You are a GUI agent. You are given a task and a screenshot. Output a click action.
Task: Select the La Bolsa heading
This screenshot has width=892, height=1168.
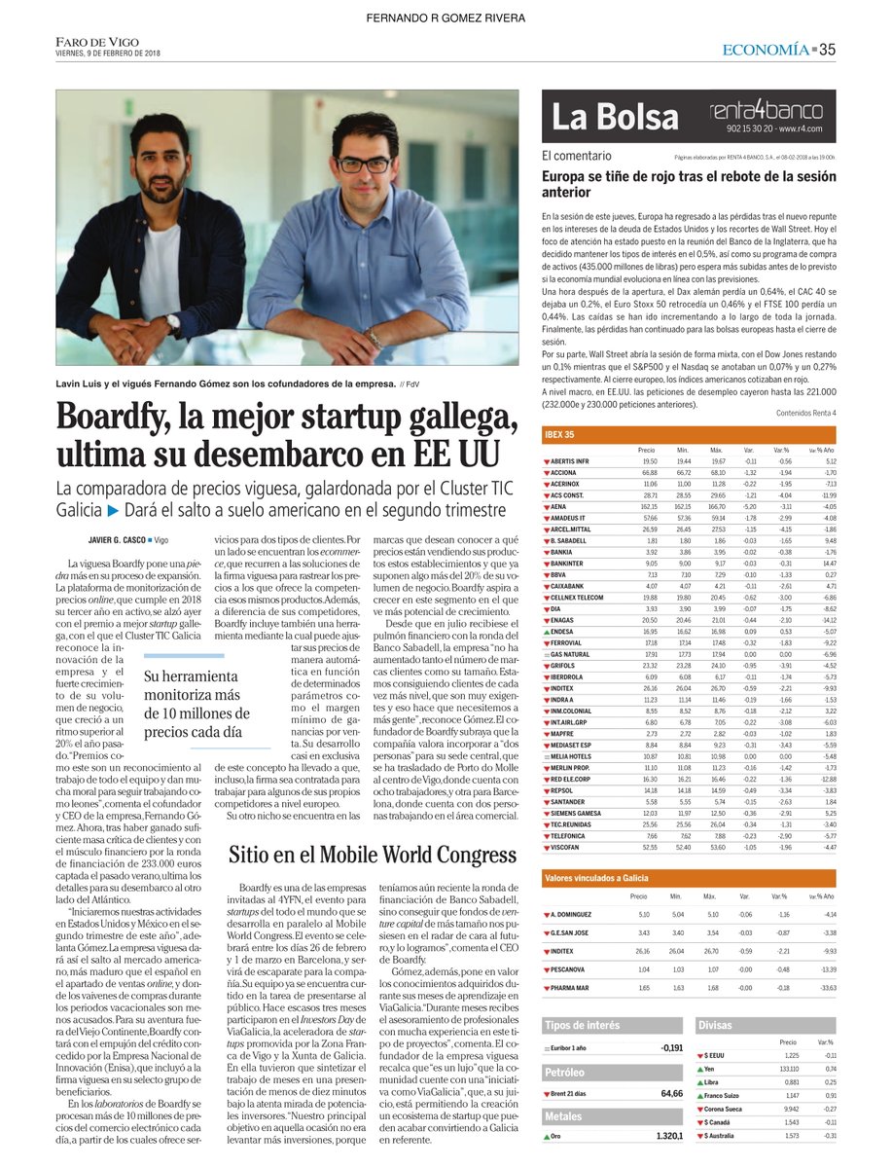(x=615, y=117)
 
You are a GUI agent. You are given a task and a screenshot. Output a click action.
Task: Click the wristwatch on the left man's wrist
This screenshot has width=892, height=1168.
(x=171, y=321)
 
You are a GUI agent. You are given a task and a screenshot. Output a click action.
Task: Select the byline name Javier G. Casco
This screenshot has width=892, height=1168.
(x=112, y=539)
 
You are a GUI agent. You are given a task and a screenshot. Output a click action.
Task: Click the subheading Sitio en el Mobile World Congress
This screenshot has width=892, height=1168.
(x=373, y=856)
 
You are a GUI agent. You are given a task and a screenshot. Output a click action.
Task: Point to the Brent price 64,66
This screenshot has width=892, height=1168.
(x=670, y=1093)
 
